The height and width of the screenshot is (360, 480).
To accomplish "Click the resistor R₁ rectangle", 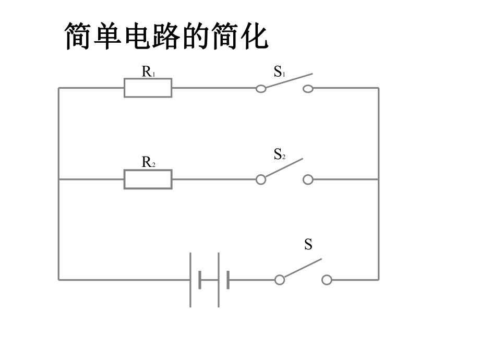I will [148, 88].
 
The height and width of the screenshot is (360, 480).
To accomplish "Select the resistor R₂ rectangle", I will [148, 179].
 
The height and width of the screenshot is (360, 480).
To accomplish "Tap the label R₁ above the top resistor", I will [148, 71].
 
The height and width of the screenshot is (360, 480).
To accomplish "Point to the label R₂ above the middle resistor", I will [148, 162].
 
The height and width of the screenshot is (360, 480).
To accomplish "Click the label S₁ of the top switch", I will [279, 72].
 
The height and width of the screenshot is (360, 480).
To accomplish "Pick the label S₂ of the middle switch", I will [279, 154].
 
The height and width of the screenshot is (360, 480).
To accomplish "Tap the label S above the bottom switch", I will [308, 244].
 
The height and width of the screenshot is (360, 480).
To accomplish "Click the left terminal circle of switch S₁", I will [261, 88].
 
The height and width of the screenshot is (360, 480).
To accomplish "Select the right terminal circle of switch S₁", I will [308, 88].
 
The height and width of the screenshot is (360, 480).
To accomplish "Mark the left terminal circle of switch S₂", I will [261, 179].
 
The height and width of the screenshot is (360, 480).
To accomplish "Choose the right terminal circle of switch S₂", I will [308, 179].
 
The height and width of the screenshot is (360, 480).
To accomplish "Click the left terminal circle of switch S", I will [280, 280].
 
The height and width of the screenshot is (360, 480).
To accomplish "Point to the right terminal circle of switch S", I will [327, 280].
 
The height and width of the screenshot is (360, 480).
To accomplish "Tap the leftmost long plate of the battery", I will [190, 280].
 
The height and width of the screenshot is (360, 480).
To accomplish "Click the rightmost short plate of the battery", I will [228, 280].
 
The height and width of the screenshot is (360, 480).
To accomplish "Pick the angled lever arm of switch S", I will [303, 268].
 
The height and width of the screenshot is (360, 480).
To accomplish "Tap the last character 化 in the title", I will [253, 37].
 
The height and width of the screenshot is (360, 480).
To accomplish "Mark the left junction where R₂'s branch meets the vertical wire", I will [58, 179].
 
